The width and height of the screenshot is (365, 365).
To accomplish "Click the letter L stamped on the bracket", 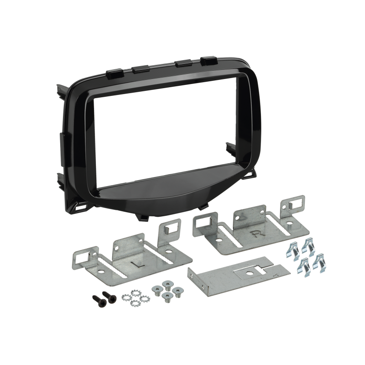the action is click(x=135, y=264).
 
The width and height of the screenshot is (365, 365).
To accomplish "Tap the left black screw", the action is click(x=99, y=301).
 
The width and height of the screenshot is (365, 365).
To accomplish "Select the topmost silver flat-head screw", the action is click(x=168, y=285).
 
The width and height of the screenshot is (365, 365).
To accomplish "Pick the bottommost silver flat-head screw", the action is click(x=168, y=297).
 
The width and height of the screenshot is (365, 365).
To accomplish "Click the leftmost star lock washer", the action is click(x=127, y=297).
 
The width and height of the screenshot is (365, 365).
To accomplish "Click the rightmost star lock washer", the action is click(x=145, y=299).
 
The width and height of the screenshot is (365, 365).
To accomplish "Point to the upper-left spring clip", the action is click(x=293, y=250).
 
